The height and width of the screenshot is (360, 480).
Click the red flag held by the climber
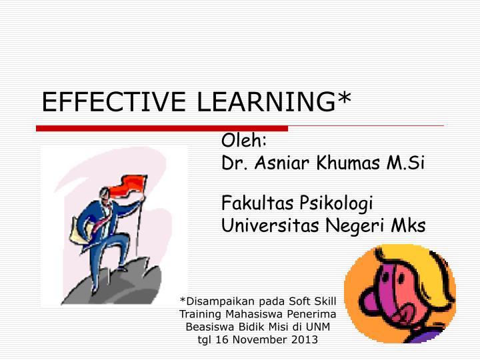tap(131, 183)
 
